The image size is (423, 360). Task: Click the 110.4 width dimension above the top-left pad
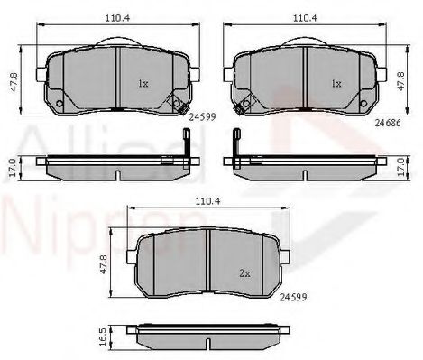[117, 18]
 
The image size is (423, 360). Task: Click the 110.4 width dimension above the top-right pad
[305, 18]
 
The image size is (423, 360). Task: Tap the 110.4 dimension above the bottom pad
[208, 201]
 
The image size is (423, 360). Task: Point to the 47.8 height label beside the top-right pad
[401, 80]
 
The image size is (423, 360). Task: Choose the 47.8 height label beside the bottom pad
[103, 264]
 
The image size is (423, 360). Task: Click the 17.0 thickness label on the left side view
[12, 168]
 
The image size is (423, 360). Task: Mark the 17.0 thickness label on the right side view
[401, 167]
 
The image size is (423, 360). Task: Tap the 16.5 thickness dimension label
[102, 337]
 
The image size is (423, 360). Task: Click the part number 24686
[388, 123]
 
